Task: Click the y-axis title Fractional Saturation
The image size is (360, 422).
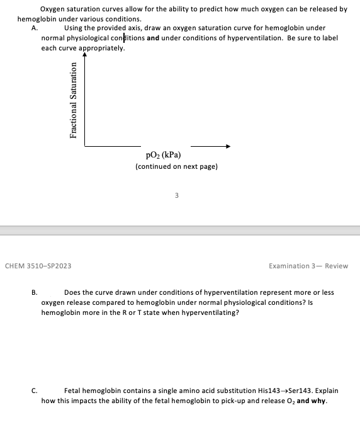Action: (x=74, y=100)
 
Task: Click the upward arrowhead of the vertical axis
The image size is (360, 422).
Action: (x=84, y=56)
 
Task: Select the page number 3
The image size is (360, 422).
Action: (x=177, y=195)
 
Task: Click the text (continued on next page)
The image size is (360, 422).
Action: (x=176, y=167)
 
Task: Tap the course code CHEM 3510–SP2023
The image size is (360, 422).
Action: (x=38, y=266)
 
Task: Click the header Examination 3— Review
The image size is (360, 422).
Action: (x=308, y=266)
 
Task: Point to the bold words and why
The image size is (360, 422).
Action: (x=311, y=400)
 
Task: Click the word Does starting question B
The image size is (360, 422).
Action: (x=73, y=292)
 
